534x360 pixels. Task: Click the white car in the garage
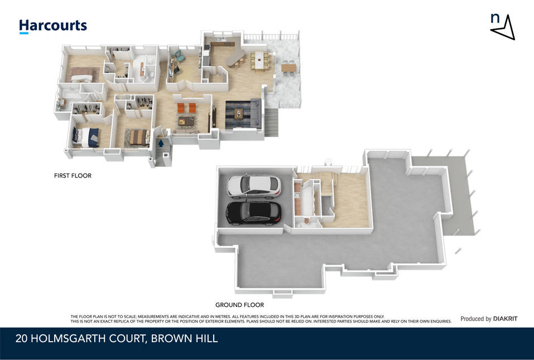pos(254,186)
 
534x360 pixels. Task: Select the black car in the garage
pos(254,213)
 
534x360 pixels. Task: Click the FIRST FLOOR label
pos(73,176)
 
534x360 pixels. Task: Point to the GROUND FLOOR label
pos(239,305)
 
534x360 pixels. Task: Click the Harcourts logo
pos(53,26)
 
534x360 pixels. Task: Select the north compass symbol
pos(503,27)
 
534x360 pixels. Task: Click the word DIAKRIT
pos(505,319)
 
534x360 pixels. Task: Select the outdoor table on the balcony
pos(288,68)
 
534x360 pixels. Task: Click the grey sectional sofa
pos(256,112)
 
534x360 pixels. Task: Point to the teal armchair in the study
pos(178,54)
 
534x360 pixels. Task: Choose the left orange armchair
pos(180,108)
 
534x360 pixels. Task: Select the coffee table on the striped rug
pos(239,113)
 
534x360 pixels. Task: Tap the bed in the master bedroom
pos(81,75)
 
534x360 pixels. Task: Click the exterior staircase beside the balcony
pos(271,122)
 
